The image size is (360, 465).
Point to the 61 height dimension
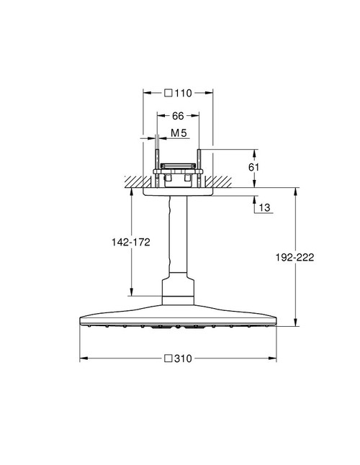[263, 167]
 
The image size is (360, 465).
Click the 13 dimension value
[264, 207]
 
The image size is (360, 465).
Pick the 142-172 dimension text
[130, 243]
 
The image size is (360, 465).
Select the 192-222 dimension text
[297, 256]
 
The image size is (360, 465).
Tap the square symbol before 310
[168, 358]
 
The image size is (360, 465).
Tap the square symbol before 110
[168, 93]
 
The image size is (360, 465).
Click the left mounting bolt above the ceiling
[156, 160]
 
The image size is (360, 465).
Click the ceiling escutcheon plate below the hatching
[179, 191]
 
